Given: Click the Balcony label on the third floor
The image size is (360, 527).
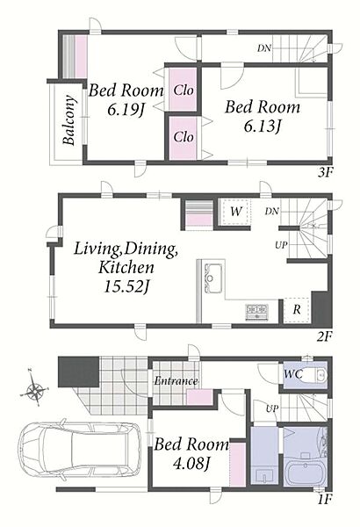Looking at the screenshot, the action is pyautogui.click(x=69, y=120).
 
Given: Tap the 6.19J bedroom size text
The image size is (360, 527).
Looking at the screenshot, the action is pyautogui.click(x=126, y=110).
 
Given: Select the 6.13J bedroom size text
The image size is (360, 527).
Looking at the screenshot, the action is pyautogui.click(x=263, y=126).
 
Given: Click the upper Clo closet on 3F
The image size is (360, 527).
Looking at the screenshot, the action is pyautogui.click(x=183, y=90).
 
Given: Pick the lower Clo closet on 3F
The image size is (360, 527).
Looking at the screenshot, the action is pyautogui.click(x=183, y=138).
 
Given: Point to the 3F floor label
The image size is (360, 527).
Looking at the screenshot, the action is pyautogui.click(x=325, y=173).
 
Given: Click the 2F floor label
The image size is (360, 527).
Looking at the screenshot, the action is pyautogui.click(x=325, y=336).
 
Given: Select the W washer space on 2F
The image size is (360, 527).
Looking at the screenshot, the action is pyautogui.click(x=235, y=212).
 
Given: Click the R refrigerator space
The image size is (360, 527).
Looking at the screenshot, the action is pyautogui.click(x=297, y=310).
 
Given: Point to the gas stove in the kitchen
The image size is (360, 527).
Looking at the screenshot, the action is pyautogui.click(x=256, y=312).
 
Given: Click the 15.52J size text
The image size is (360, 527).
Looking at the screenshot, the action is pyautogui.click(x=126, y=286).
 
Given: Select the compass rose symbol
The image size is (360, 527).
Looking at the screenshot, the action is pyautogui.click(x=33, y=391).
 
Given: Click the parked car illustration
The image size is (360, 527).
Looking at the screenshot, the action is pyautogui.click(x=80, y=447).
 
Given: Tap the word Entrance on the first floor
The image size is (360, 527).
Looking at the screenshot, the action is pyautogui.click(x=176, y=381).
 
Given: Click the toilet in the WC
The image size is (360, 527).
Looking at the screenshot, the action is pyautogui.click(x=317, y=374).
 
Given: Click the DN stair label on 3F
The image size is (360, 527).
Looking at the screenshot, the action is pyautogui.click(x=264, y=48).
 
